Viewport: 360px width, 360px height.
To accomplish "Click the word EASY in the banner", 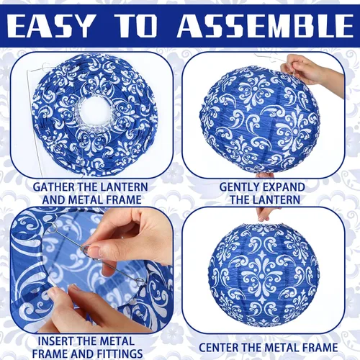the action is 50,25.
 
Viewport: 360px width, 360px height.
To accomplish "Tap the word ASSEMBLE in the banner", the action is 265,25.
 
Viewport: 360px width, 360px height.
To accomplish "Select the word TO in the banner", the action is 136,25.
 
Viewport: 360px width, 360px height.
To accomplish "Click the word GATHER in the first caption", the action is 53,187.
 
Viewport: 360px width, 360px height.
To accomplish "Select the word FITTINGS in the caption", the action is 120,354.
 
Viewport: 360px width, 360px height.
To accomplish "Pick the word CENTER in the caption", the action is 218,348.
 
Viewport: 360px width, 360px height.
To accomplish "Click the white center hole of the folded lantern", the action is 94,112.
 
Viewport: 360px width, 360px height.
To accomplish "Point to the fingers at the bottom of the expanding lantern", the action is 265,175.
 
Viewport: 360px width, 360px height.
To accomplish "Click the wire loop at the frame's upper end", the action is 52,228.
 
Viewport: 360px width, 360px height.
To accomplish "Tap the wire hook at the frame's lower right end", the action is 140,280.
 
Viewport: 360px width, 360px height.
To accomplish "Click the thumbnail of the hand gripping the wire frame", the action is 94,251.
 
